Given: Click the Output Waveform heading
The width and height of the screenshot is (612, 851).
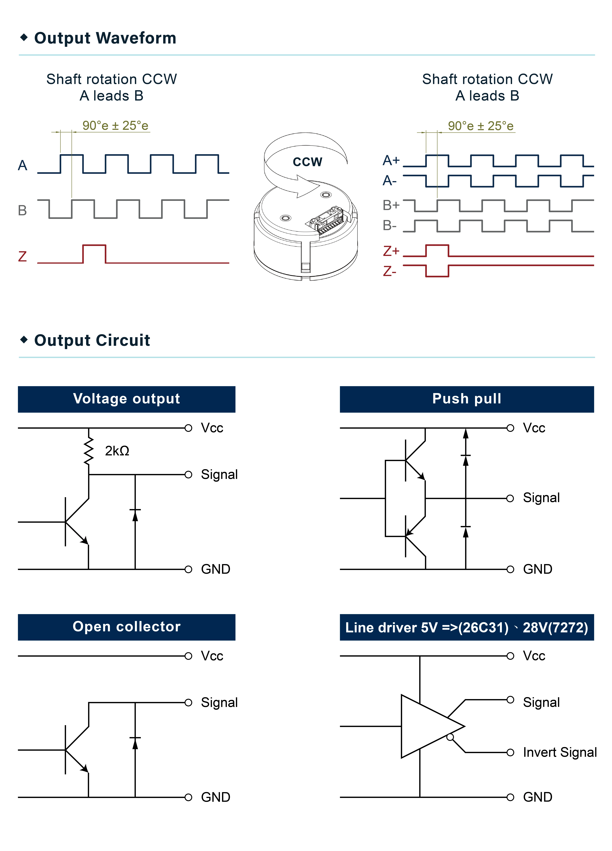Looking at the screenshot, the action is click(x=105, y=38).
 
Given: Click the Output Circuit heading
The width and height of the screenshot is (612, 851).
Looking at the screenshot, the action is click(x=92, y=340).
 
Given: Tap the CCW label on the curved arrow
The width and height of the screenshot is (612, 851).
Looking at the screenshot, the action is click(x=307, y=162).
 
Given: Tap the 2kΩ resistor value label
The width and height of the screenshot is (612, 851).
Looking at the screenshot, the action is click(x=117, y=451).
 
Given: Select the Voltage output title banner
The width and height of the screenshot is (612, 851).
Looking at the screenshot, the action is click(x=126, y=399).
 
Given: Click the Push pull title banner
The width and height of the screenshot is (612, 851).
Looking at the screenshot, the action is click(x=467, y=399).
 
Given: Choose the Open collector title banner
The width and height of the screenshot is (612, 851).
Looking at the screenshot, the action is click(x=126, y=627).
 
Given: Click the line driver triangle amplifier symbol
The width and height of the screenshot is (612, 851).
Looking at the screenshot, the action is click(x=428, y=726).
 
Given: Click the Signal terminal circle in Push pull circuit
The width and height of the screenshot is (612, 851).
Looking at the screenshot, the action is click(x=510, y=498).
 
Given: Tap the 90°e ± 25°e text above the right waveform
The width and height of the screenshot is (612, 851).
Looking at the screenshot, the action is click(x=481, y=126).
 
